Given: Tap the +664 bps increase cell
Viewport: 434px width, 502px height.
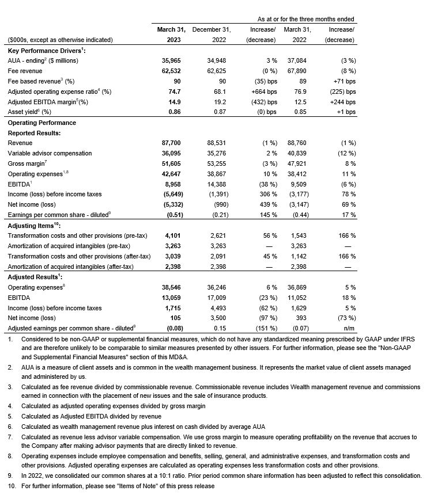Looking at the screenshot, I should pyautogui.click(x=264, y=92).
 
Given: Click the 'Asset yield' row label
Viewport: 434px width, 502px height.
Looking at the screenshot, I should pyautogui.click(x=29, y=112).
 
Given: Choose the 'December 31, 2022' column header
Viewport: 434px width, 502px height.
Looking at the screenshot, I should pyautogui.click(x=212, y=34).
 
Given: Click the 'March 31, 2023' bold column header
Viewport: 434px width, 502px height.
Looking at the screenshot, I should pyautogui.click(x=171, y=34).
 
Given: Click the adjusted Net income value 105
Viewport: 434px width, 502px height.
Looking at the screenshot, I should pyautogui.click(x=180, y=318).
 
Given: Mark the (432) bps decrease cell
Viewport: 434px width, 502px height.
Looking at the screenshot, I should pyautogui.click(x=264, y=102).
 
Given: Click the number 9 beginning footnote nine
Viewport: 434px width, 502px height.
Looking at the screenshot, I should pyautogui.click(x=10, y=476).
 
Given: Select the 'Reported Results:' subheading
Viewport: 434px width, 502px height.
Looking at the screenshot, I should pyautogui.click(x=34, y=133).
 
